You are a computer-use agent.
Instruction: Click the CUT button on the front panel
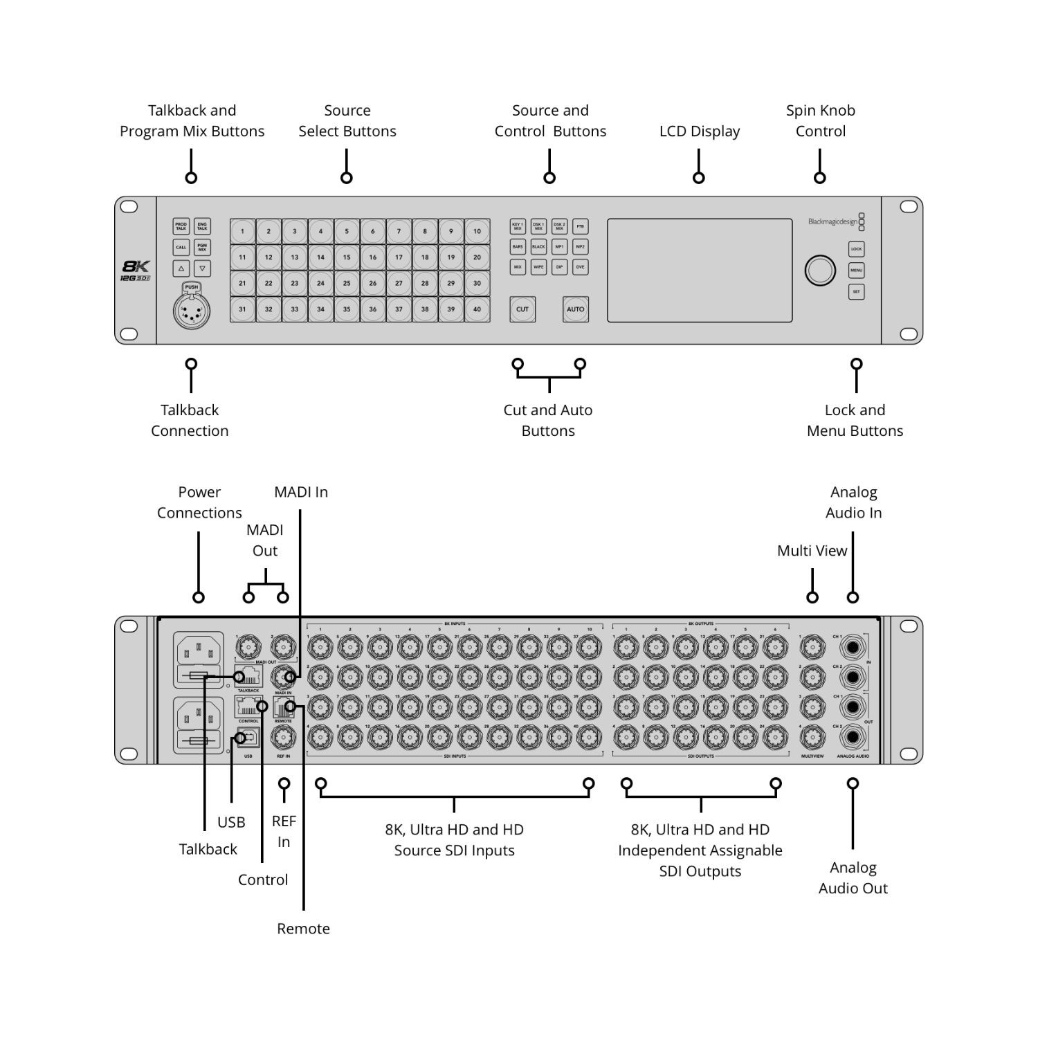[522, 309]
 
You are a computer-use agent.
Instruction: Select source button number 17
[399, 257]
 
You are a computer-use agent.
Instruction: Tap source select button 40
[477, 309]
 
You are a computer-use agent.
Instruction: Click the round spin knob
[820, 271]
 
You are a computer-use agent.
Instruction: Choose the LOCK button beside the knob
[856, 249]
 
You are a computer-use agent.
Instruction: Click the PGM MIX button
[202, 247]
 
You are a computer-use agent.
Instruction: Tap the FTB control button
[581, 226]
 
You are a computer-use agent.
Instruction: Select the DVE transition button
[581, 267]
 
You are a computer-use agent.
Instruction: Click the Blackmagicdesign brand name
[832, 222]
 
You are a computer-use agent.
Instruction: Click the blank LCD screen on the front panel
[700, 271]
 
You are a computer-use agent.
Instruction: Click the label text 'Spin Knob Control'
[820, 121]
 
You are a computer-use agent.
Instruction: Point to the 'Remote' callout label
[303, 929]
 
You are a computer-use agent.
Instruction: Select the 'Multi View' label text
[812, 551]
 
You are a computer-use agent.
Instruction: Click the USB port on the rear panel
[248, 738]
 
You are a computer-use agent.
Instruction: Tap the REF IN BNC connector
[283, 738]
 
